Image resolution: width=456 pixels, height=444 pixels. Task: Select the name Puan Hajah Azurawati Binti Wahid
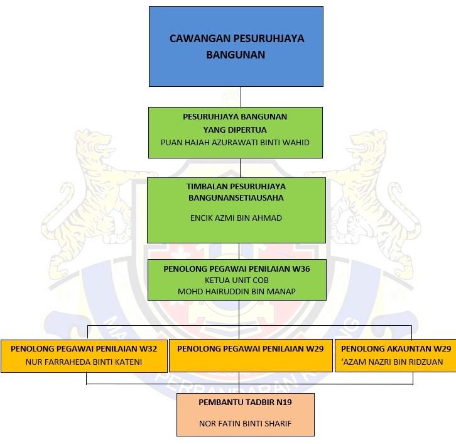(x=235, y=142)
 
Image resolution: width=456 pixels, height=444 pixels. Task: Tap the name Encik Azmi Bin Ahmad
(x=236, y=218)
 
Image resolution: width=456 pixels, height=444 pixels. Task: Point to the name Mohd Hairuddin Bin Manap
(x=236, y=291)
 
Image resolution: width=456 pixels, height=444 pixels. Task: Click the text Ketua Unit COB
(x=236, y=280)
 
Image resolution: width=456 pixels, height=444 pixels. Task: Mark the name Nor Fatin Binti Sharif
(x=246, y=423)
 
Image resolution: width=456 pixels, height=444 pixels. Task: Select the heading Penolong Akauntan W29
(x=396, y=348)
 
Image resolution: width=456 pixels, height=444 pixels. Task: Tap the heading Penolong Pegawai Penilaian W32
(x=84, y=348)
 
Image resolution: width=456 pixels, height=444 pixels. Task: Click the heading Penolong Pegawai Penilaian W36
(x=236, y=268)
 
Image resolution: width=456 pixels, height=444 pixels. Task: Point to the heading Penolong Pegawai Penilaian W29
(x=251, y=348)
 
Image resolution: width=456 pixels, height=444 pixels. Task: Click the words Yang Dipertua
(x=235, y=129)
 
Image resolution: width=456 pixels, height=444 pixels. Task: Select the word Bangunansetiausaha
(x=236, y=197)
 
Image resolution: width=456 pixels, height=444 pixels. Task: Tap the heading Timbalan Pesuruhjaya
(x=236, y=187)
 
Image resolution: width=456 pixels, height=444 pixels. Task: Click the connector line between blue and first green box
(x=240, y=97)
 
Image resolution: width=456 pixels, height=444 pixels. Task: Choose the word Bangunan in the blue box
(x=236, y=55)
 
